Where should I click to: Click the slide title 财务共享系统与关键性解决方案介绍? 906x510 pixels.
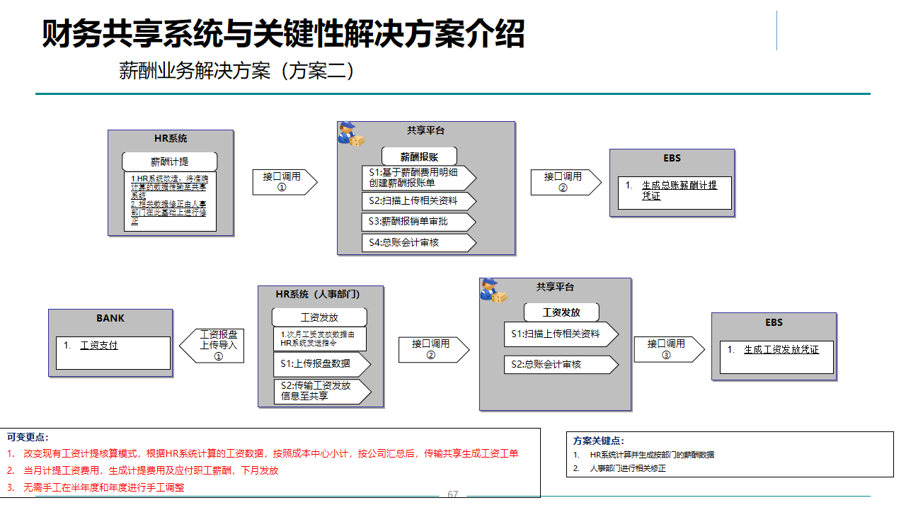click(x=283, y=33)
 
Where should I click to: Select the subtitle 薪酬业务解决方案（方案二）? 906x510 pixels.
click(x=236, y=72)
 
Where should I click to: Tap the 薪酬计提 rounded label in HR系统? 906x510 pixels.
click(x=170, y=161)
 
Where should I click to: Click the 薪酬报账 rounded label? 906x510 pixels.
click(x=419, y=157)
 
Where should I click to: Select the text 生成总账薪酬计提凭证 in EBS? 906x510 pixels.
click(x=679, y=191)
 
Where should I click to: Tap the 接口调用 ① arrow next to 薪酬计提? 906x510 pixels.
click(x=283, y=182)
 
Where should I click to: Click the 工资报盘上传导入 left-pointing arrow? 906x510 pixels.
click(x=213, y=346)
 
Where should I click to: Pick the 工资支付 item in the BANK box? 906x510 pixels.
click(x=99, y=346)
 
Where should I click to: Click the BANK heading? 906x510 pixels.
click(x=110, y=318)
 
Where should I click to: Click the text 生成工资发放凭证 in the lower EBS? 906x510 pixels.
click(x=781, y=350)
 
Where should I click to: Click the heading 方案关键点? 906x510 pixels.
click(x=599, y=441)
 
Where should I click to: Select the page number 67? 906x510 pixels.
click(x=453, y=494)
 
